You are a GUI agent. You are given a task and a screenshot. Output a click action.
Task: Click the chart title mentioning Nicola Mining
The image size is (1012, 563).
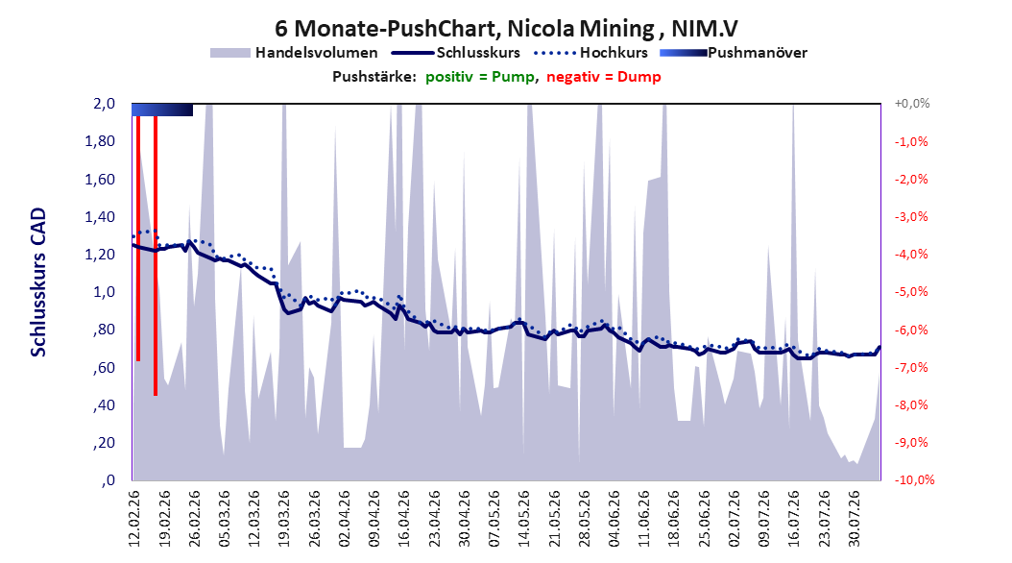[x=506, y=29]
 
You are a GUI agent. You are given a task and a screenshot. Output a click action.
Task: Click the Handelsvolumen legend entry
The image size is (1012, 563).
[x=294, y=53]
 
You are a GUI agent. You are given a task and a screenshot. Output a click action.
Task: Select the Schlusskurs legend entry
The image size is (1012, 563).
[x=456, y=53]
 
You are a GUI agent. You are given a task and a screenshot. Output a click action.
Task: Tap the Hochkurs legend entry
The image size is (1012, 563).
[x=590, y=53]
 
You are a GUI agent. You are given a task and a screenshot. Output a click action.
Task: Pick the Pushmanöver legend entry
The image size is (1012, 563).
[x=734, y=53]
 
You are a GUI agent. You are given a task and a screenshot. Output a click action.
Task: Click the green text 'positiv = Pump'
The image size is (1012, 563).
[x=480, y=77]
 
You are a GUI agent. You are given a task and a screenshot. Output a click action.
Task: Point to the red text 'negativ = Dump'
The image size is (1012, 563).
[x=604, y=77]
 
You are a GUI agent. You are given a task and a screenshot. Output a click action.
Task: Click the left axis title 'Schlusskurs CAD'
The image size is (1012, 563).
[x=38, y=281]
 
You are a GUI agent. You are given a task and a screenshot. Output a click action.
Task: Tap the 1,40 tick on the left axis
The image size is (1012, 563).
[x=100, y=217]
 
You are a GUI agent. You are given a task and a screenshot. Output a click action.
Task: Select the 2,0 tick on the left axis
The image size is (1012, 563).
[x=104, y=104]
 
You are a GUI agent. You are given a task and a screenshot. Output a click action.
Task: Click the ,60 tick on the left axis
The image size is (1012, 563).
[x=104, y=367]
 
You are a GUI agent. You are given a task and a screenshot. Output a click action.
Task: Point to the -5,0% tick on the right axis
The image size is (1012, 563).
[x=911, y=292]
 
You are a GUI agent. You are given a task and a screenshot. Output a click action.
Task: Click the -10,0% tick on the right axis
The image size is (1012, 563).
[x=914, y=479]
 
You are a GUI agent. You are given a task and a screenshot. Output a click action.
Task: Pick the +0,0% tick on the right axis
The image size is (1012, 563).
[x=912, y=104]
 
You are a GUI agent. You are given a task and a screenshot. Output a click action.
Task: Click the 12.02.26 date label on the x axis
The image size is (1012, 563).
[x=134, y=519]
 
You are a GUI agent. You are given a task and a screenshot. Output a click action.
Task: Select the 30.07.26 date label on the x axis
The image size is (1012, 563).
[x=854, y=519]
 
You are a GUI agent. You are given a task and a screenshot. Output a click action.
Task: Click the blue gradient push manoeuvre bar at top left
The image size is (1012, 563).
[x=162, y=110]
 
